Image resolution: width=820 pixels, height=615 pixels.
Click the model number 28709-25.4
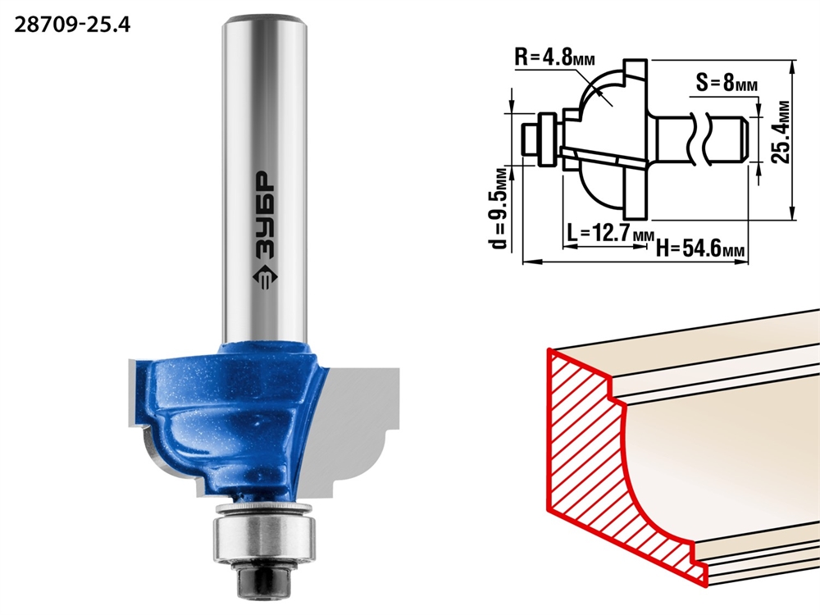[x=72, y=25]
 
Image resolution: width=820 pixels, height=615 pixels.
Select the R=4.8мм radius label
[x=555, y=57]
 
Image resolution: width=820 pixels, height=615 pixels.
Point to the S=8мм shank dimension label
[x=727, y=82]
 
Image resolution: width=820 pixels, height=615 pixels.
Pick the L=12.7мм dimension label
[x=610, y=233]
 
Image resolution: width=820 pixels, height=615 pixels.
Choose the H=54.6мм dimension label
[x=700, y=248]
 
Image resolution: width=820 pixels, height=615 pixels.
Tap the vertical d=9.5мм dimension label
[x=499, y=207]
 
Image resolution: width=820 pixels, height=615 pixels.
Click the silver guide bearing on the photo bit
[x=263, y=536]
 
